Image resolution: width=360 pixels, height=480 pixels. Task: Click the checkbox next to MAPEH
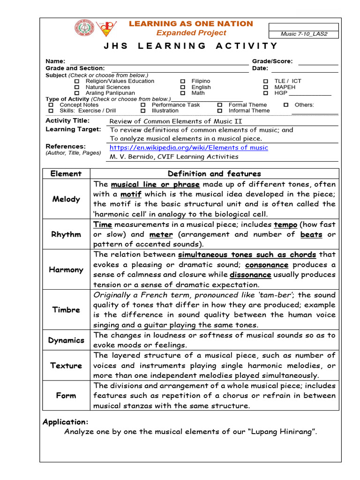[x=265, y=87]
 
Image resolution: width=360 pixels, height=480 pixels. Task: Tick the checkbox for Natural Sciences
[x=77, y=87]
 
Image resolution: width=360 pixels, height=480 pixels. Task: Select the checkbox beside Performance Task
[x=143, y=105]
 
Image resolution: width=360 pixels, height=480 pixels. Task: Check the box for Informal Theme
[x=220, y=111]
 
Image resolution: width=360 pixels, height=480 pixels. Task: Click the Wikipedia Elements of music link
[x=189, y=148]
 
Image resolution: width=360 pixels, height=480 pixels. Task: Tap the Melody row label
[x=66, y=199]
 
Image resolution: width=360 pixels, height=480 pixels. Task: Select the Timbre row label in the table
[x=66, y=310]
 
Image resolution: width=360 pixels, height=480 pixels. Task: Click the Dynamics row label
[x=66, y=340]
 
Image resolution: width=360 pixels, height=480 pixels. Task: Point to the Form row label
[x=66, y=396]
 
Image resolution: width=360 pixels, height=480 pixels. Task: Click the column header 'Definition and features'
[x=214, y=173]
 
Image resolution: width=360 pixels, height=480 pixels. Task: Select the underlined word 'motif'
[x=131, y=194]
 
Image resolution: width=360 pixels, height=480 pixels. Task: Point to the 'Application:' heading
[x=65, y=422]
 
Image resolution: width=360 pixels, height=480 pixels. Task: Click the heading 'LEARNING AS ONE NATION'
[x=191, y=24]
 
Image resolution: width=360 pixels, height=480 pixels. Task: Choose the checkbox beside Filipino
[x=183, y=82]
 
